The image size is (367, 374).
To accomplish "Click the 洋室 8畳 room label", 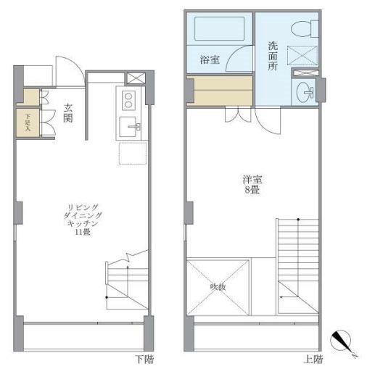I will point(252,184).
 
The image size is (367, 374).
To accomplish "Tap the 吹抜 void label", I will point(218,287).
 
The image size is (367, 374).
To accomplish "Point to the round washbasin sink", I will point(305,93).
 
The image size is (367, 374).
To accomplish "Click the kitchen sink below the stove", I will point(131,128).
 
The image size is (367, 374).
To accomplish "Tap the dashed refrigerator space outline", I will point(132,154).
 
